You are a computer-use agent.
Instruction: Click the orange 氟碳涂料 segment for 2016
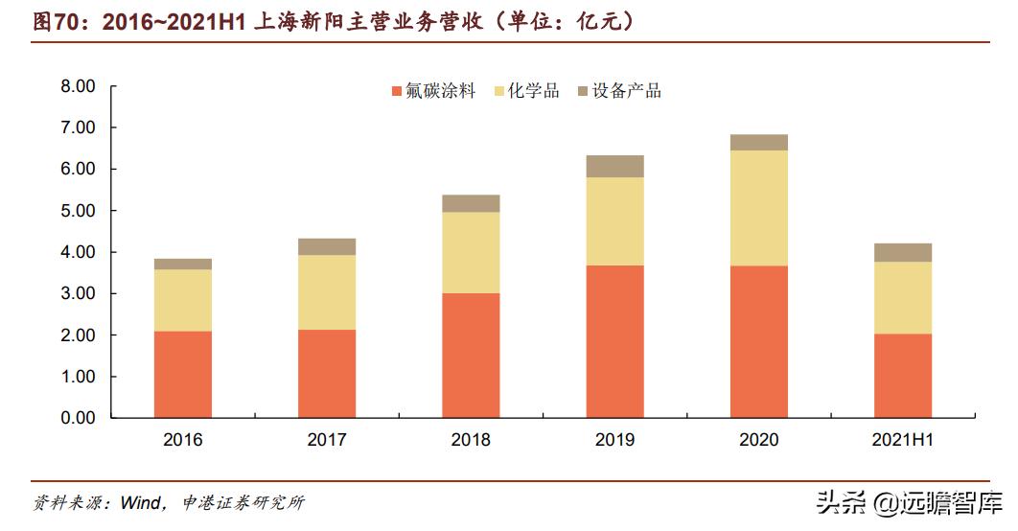coord(183,374)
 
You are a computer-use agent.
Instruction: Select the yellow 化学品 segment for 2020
coord(759,208)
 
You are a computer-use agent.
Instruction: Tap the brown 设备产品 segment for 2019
coord(614,166)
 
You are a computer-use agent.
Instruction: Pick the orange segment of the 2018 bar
coord(471,355)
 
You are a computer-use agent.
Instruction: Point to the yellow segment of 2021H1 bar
coord(903,297)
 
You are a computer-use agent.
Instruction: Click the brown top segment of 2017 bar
coord(327,246)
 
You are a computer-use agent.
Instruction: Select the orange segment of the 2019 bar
coord(614,341)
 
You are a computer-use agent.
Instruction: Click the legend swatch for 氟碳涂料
coord(396,92)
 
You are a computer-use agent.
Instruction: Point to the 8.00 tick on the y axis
coord(78,86)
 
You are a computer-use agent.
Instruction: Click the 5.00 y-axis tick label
coord(78,211)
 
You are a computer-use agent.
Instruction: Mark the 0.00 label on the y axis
coord(78,418)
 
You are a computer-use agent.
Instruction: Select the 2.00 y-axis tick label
coord(78,335)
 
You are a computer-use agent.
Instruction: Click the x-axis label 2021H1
coord(903,440)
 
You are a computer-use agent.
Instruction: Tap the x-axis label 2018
coord(471,440)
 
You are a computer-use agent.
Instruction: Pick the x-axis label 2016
coord(183,440)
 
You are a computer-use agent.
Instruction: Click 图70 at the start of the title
coord(54,21)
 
